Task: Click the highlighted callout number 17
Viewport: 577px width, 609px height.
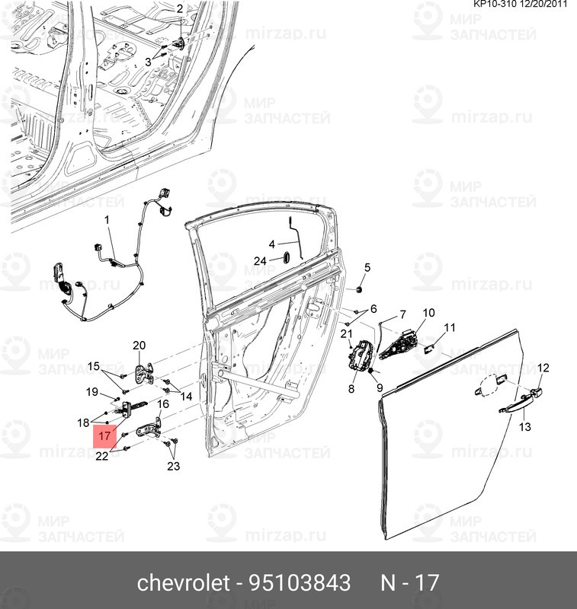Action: click(104, 435)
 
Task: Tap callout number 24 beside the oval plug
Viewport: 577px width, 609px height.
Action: click(260, 260)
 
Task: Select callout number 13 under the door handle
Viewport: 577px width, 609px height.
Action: click(524, 427)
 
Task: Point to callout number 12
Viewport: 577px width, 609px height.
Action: click(543, 368)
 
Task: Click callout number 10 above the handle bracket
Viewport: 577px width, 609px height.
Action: click(428, 313)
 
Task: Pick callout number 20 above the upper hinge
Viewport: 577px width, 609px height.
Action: click(139, 345)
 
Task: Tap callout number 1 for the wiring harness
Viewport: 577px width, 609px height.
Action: click(107, 220)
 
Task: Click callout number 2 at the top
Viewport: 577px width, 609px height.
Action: click(179, 9)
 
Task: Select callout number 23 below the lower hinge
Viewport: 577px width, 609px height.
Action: click(174, 466)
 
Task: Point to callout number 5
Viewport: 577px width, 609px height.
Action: click(367, 268)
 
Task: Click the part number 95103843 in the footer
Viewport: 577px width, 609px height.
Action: click(300, 583)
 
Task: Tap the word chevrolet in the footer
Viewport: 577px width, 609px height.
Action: click(184, 583)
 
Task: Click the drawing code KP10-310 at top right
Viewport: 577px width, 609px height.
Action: click(495, 5)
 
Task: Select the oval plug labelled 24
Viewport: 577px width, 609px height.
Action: click(286, 257)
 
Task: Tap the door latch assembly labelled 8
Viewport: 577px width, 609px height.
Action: click(361, 356)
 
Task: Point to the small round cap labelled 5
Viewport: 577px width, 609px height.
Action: click(360, 289)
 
